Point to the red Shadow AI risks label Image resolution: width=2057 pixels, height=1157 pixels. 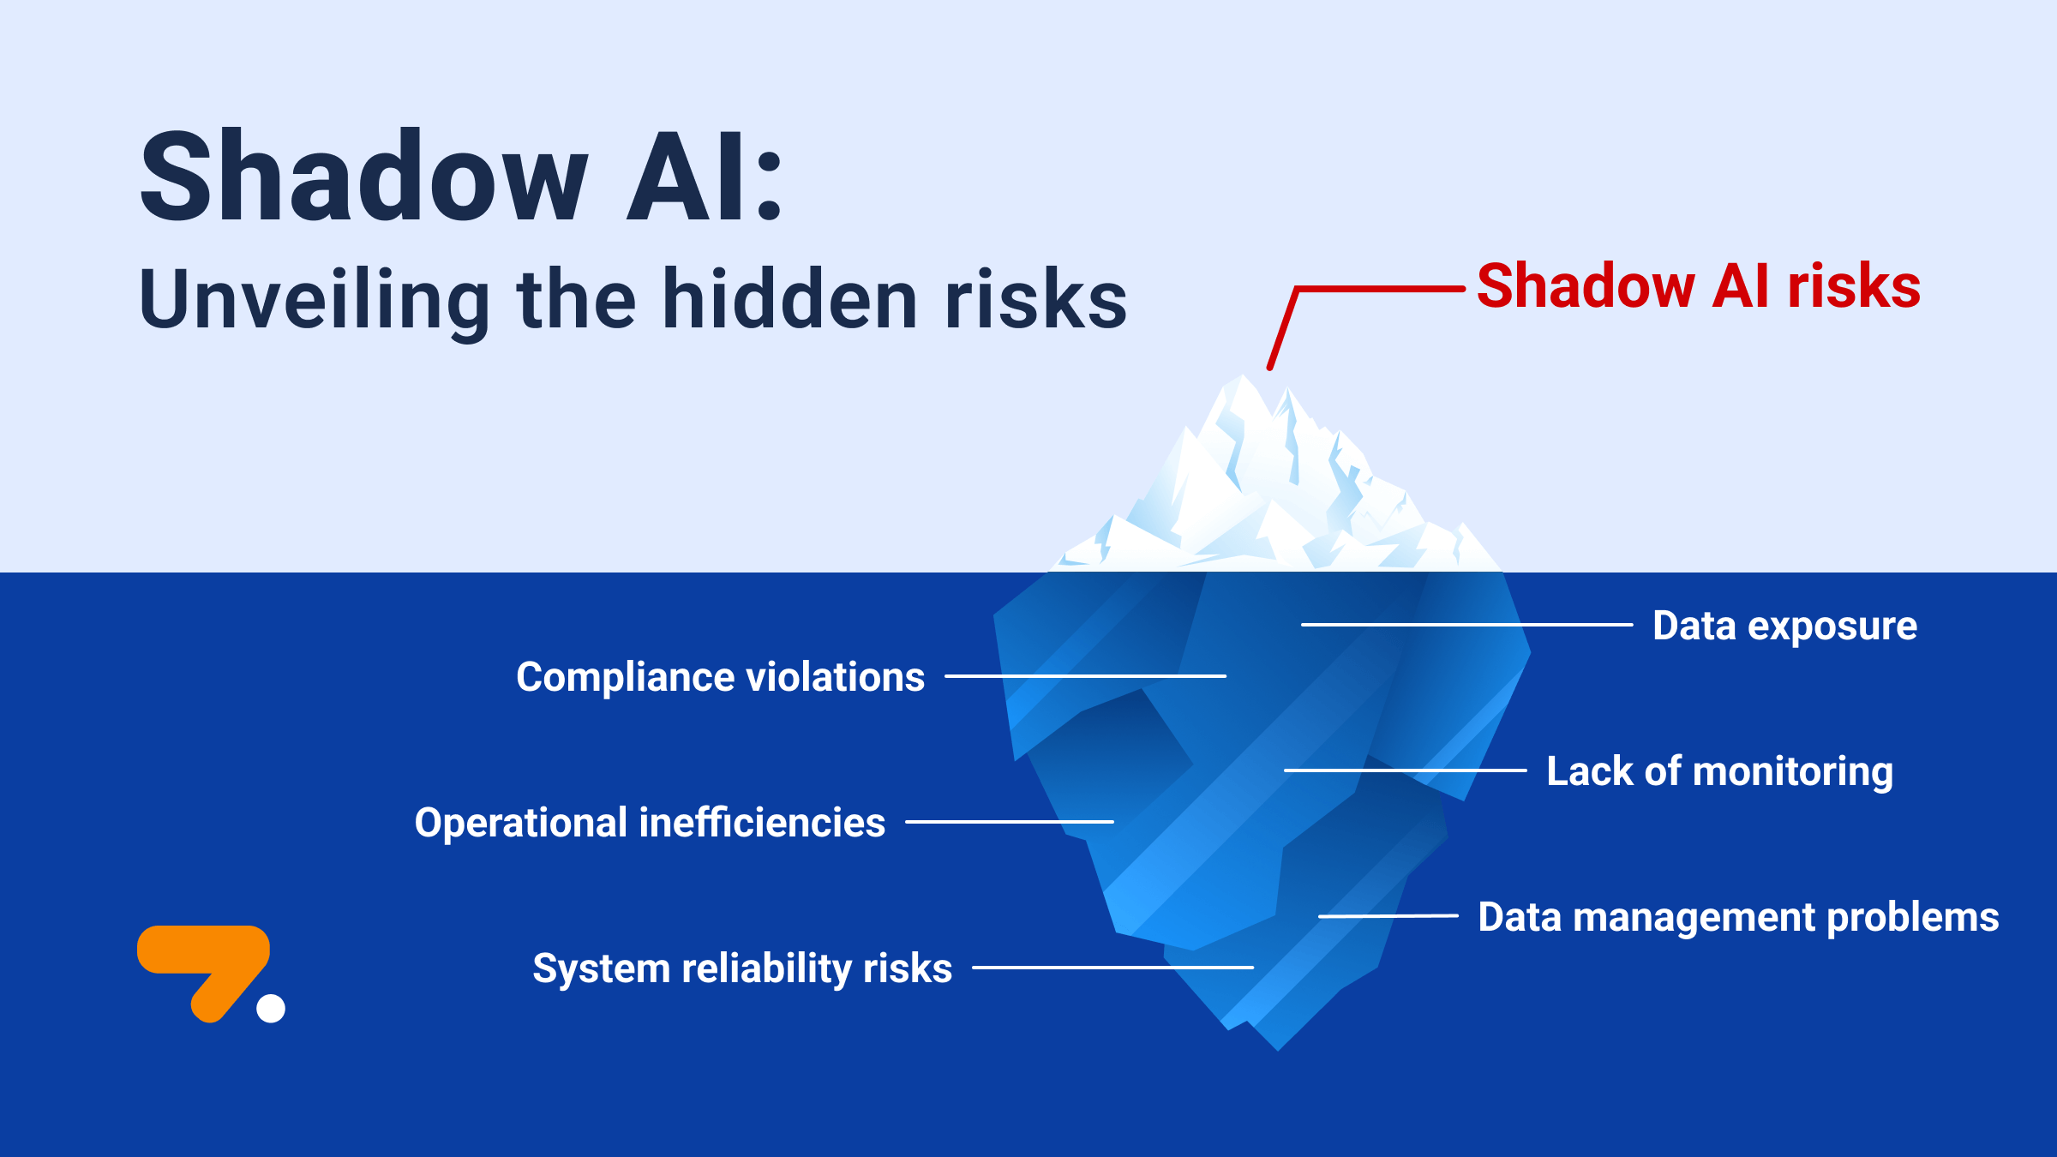(1698, 286)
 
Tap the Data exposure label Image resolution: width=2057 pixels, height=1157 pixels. (1784, 626)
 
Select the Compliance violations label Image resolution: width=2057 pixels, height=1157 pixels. (720, 677)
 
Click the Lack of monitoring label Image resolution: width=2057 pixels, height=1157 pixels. (1719, 771)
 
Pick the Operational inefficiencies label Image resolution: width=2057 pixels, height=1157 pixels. (650, 823)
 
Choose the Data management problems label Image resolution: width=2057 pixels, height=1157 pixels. (1738, 917)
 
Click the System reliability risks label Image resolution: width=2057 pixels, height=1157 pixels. (742, 968)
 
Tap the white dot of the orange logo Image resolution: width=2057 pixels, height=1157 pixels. (271, 1008)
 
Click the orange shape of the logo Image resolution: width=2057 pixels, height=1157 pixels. (206, 951)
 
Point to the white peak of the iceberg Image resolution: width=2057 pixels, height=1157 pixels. (1243, 403)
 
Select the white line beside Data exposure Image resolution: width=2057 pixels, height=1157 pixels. (1466, 625)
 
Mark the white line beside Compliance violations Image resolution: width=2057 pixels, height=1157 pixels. (1085, 676)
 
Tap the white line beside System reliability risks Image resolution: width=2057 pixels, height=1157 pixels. (1112, 968)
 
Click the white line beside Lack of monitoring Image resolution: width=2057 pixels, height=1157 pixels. (1406, 770)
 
